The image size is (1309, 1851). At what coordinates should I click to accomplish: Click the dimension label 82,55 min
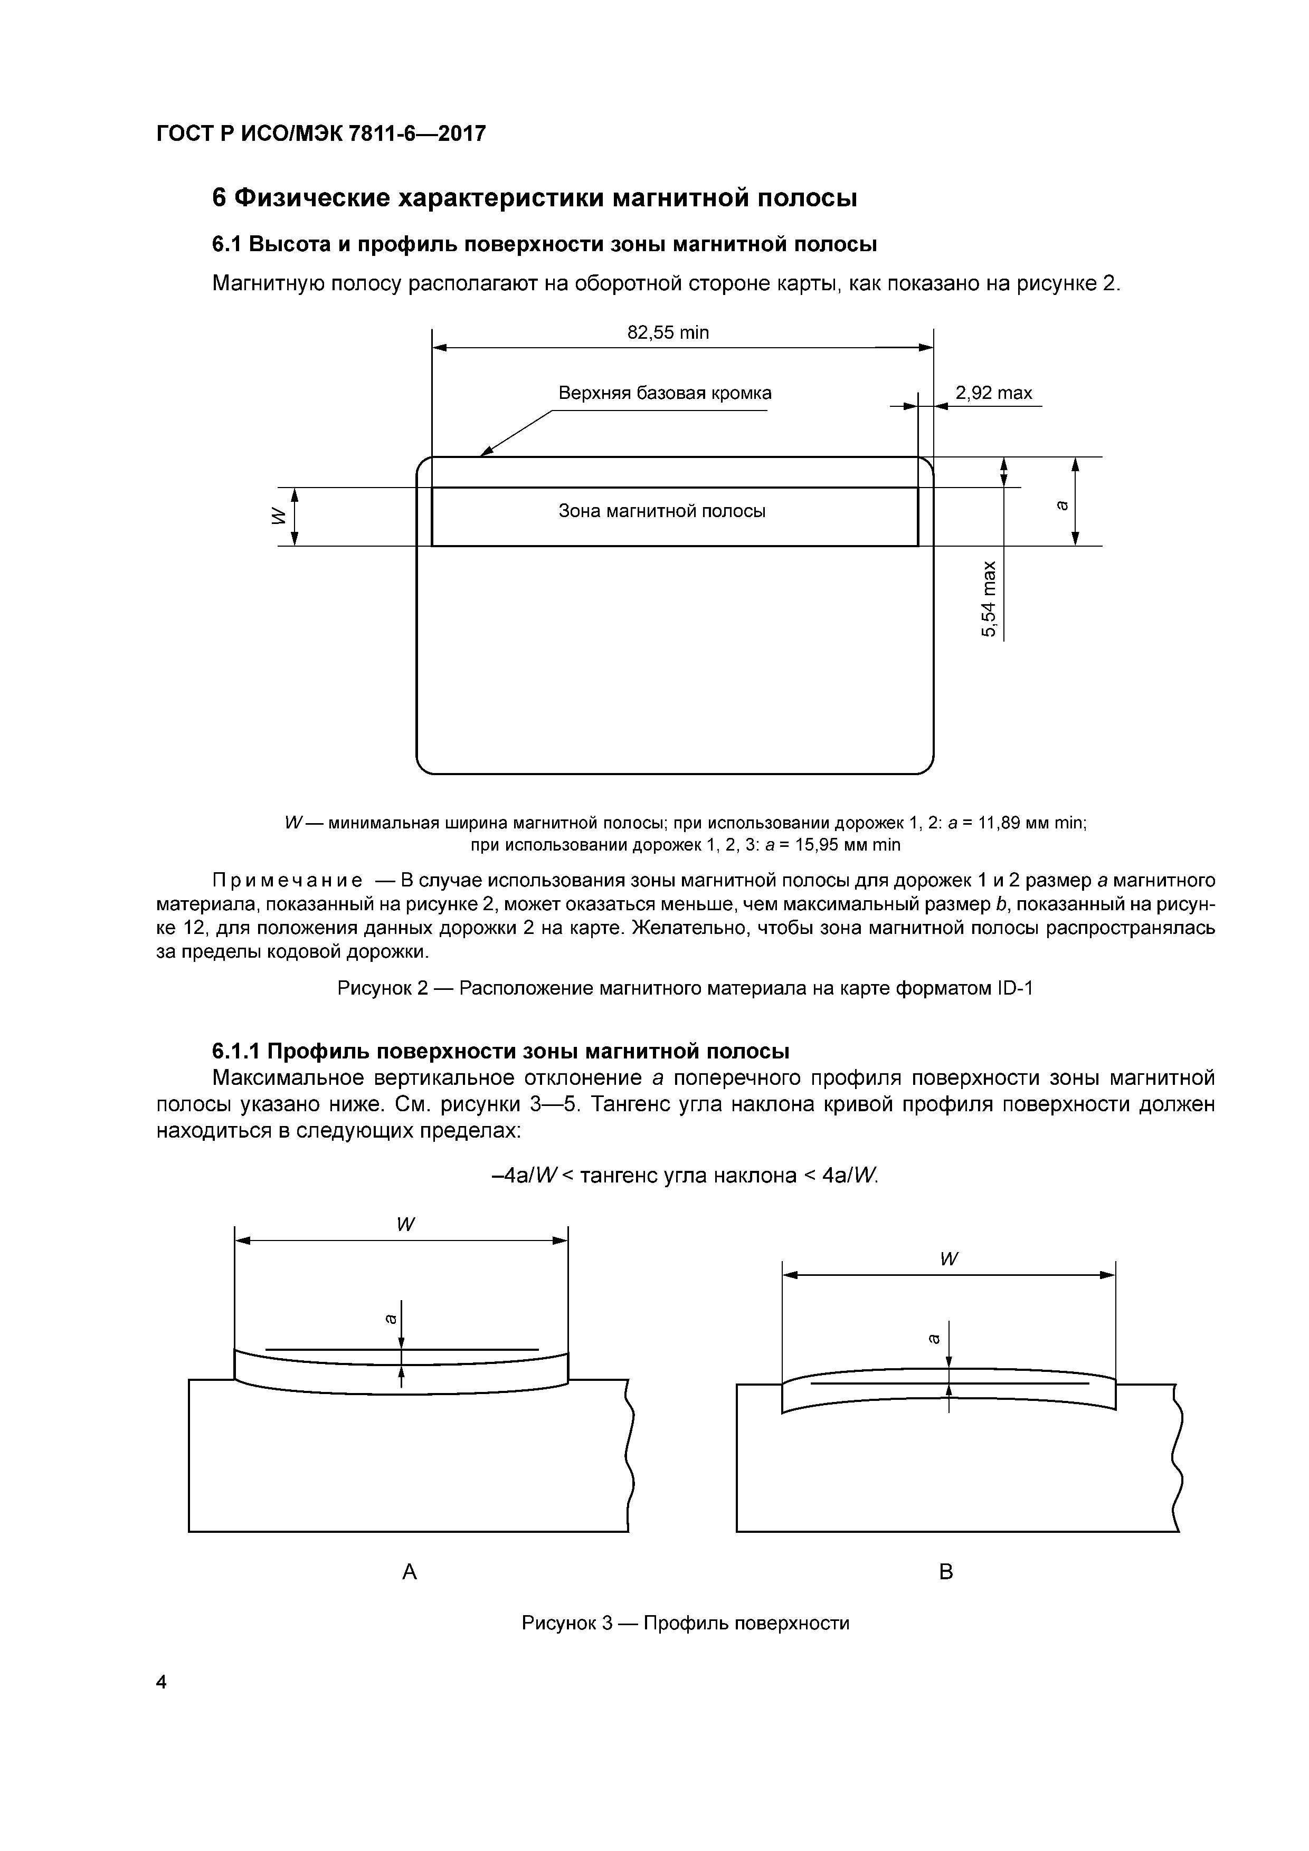tap(668, 333)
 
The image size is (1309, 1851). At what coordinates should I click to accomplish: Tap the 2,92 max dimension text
tap(994, 394)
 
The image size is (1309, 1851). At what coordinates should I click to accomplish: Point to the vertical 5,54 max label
tap(989, 598)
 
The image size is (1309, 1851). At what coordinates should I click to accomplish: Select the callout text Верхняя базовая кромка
tap(665, 394)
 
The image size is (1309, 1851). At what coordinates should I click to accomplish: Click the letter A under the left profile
tap(410, 1571)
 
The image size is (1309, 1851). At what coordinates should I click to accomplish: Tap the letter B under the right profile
tap(947, 1571)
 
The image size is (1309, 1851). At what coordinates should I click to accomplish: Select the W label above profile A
tap(405, 1224)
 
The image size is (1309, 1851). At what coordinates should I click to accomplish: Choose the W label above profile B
tap(948, 1260)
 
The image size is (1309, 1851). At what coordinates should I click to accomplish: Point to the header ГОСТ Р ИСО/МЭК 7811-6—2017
tap(321, 133)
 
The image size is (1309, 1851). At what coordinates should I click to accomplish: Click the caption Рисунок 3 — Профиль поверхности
tap(686, 1623)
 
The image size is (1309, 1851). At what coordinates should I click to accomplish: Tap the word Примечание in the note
tap(286, 880)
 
